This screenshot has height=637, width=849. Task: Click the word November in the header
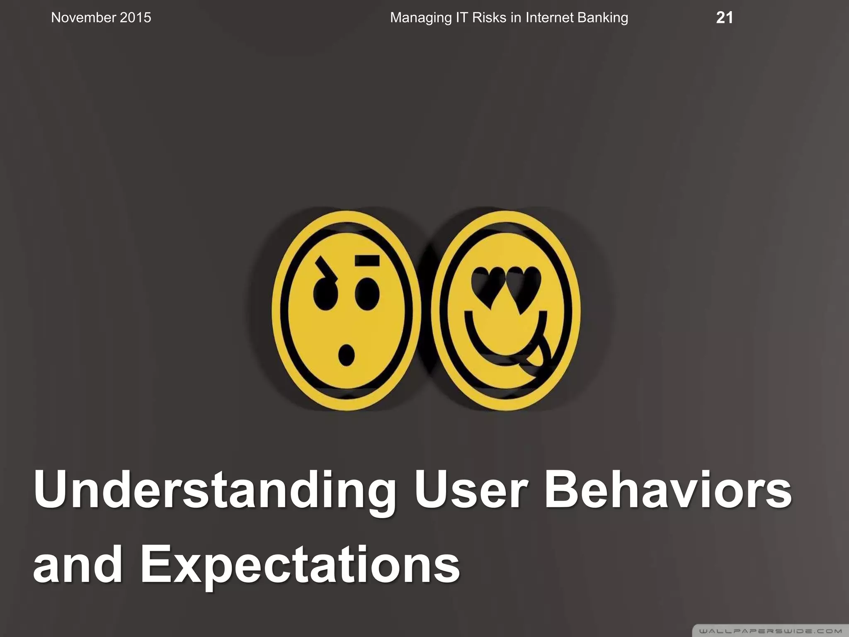pos(83,18)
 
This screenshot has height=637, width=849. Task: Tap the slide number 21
pos(724,18)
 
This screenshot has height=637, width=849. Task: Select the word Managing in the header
pos(421,18)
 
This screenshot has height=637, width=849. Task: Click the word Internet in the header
pos(550,18)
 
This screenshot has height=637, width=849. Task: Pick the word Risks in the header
pos(487,18)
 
